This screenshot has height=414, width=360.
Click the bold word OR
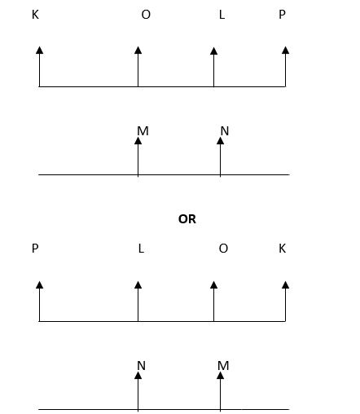(187, 219)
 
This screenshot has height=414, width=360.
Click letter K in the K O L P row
(35, 15)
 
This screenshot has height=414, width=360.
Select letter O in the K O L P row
(146, 15)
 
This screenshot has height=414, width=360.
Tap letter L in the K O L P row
(222, 15)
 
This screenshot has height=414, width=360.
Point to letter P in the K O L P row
(282, 15)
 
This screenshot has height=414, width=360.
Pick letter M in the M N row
(143, 131)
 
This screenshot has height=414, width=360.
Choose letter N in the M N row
(225, 131)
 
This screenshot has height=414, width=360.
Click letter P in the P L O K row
(35, 249)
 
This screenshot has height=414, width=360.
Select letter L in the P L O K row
(141, 249)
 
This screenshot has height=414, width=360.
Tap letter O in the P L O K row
(223, 249)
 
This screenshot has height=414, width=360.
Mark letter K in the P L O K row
(283, 249)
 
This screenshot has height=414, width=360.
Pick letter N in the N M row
(141, 366)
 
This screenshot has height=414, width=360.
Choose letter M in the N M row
(223, 366)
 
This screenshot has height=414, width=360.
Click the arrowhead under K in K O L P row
(40, 51)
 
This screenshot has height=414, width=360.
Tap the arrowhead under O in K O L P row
(138, 51)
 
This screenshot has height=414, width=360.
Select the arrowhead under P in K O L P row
(285, 51)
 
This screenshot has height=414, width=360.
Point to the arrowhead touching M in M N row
(138, 141)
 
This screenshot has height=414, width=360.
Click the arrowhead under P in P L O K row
(40, 285)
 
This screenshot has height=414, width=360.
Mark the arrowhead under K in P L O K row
(285, 285)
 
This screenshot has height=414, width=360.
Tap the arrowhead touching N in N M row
(138, 376)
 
